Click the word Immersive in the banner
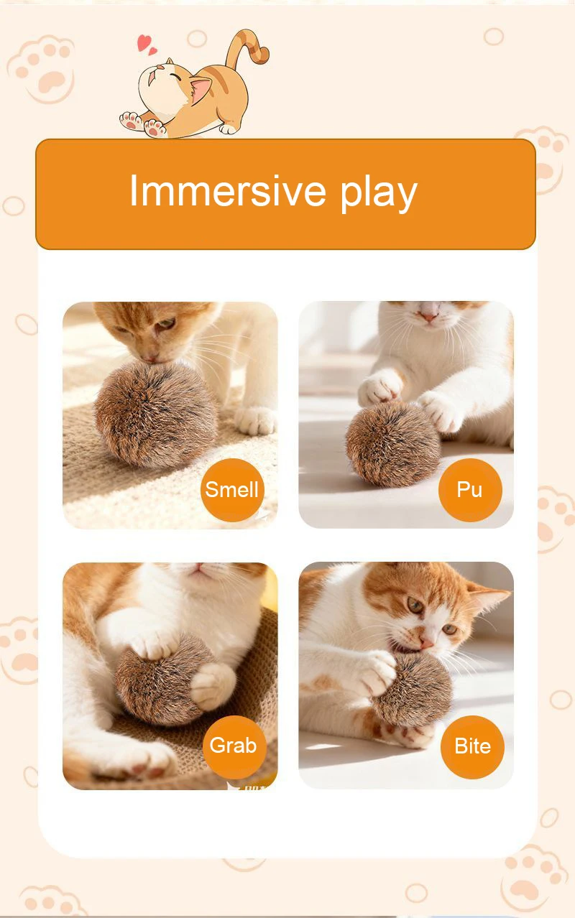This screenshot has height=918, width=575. pyautogui.click(x=228, y=190)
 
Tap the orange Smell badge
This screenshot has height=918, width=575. pyautogui.click(x=232, y=490)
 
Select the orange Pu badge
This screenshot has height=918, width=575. pyautogui.click(x=470, y=490)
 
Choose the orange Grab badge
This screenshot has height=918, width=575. pyautogui.click(x=234, y=747)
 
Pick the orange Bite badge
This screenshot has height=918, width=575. pyautogui.click(x=472, y=747)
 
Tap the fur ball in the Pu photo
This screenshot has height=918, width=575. pyautogui.click(x=393, y=444)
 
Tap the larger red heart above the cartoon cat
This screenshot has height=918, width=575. pyautogui.click(x=143, y=42)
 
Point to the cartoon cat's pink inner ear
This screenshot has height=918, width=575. pyautogui.click(x=201, y=88)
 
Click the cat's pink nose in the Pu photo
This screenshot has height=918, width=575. pyautogui.click(x=428, y=317)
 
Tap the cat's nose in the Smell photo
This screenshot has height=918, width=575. pyautogui.click(x=150, y=359)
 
